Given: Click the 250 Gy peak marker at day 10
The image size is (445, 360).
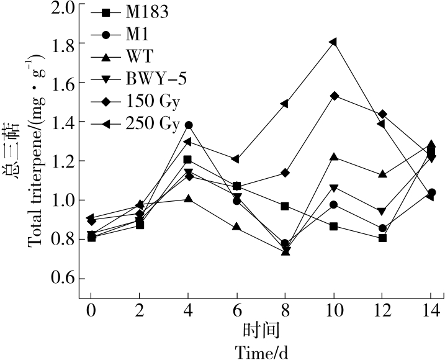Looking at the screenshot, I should pyautogui.click(x=334, y=42).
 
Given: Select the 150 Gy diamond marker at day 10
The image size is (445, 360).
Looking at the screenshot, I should pyautogui.click(x=334, y=96).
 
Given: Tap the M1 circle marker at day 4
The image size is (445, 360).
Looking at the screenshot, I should pyautogui.click(x=189, y=125).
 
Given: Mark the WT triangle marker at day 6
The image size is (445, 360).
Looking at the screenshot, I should pyautogui.click(x=236, y=227).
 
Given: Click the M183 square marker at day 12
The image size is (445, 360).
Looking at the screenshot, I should pyautogui.click(x=382, y=238).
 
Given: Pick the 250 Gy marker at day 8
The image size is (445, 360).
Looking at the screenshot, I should pyautogui.click(x=285, y=103).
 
